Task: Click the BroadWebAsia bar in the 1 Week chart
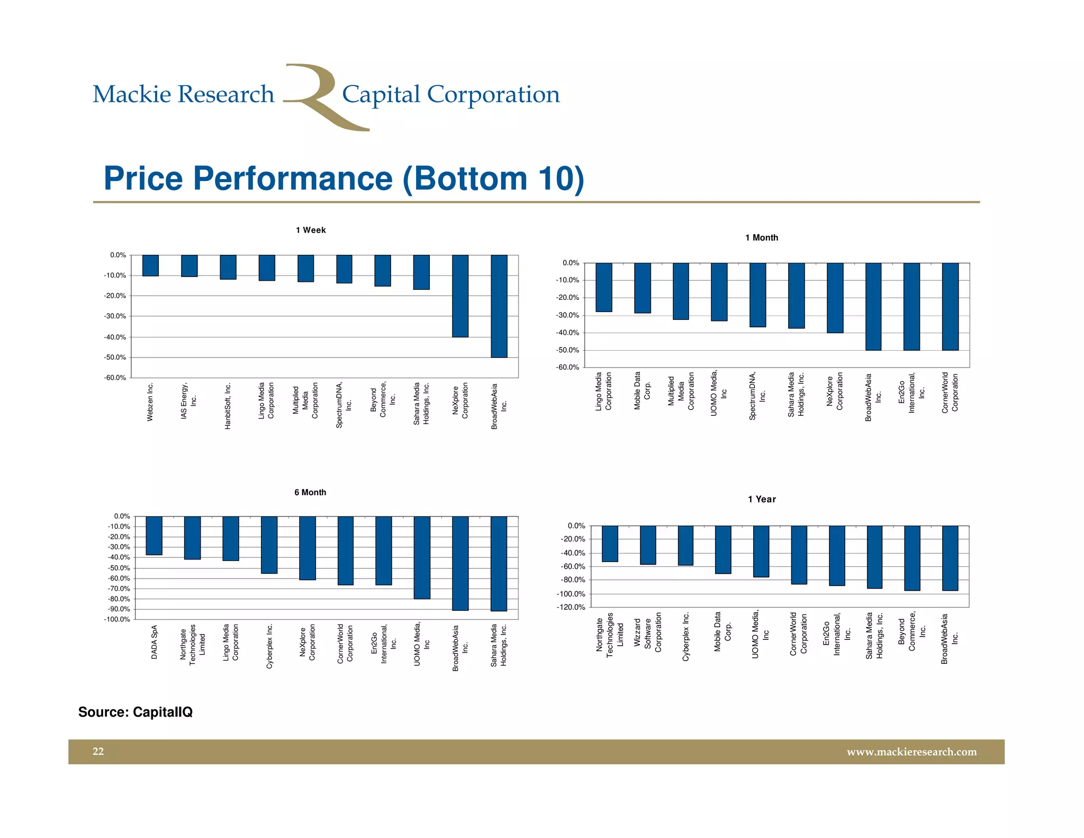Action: (499, 306)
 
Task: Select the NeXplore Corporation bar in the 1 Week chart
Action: (460, 296)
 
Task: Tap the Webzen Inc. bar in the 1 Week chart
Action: (150, 265)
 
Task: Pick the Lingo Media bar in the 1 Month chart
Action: (604, 287)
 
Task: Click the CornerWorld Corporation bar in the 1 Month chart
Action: (950, 306)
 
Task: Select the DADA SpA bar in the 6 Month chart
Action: (154, 536)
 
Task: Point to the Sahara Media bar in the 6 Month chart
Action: (499, 564)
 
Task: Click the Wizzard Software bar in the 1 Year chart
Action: (648, 545)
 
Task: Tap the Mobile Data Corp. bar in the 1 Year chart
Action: (723, 549)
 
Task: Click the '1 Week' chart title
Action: (311, 230)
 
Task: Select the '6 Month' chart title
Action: (310, 492)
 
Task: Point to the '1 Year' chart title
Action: (762, 499)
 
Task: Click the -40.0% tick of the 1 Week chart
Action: (115, 337)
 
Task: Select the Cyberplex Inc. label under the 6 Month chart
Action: (269, 646)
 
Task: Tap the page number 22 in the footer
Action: (98, 751)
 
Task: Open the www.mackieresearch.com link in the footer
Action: (911, 752)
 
